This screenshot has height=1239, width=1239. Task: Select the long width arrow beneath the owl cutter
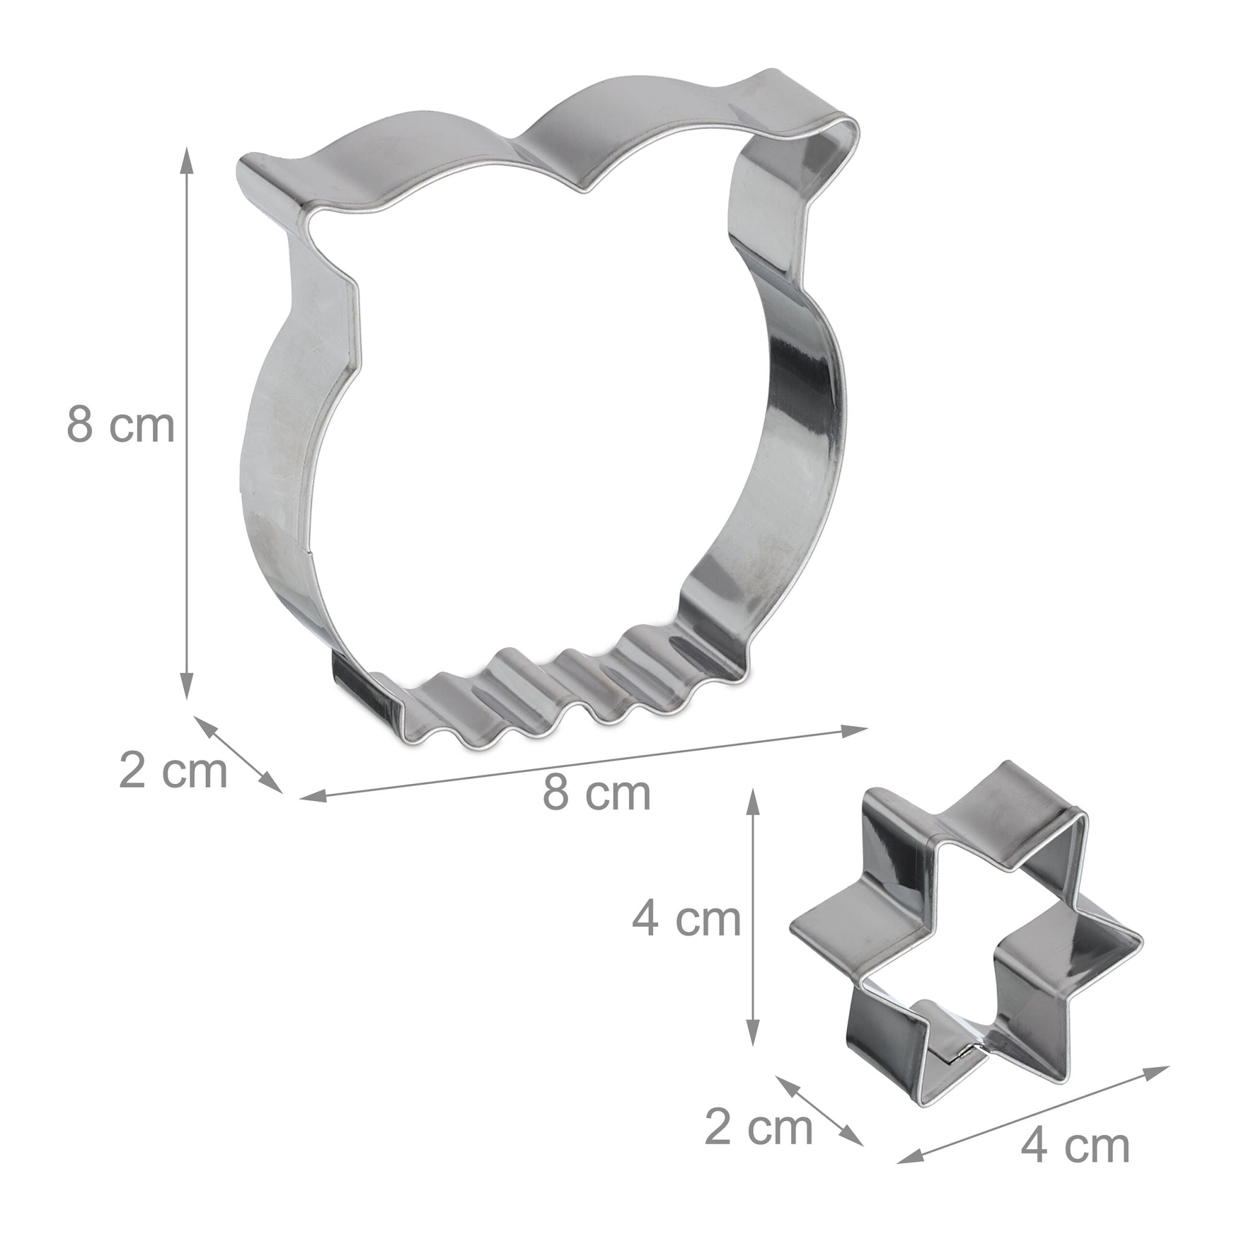[584, 763]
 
